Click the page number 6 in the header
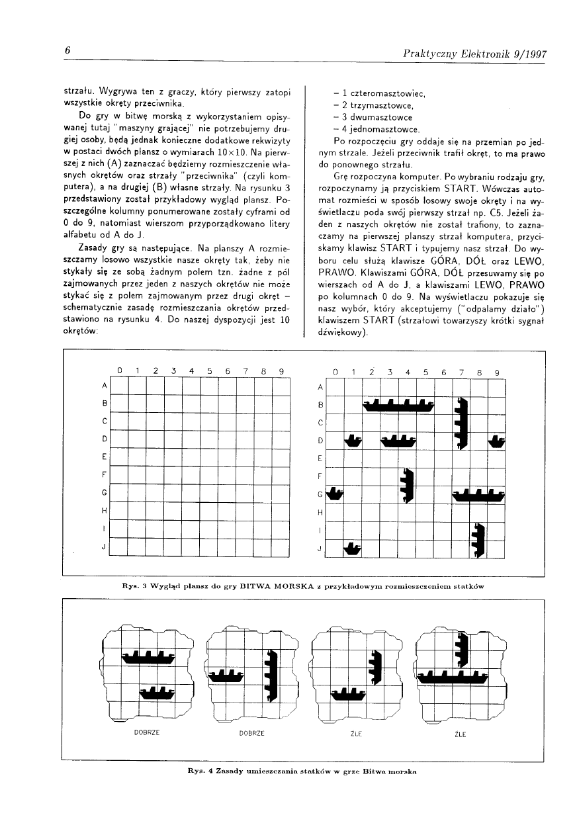click(67, 51)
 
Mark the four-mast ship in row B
click(400, 404)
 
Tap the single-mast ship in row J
click(353, 548)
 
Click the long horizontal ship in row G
click(479, 494)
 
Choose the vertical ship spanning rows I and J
click(479, 539)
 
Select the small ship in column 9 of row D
click(496, 441)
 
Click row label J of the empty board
click(104, 548)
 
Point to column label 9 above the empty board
click(281, 371)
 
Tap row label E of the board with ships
click(320, 458)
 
